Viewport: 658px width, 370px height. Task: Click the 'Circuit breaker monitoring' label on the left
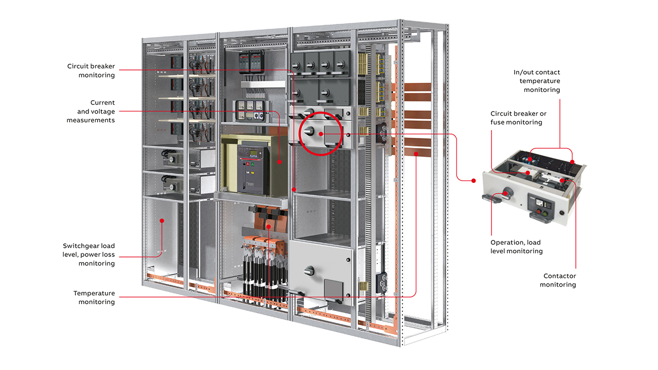pyautogui.click(x=91, y=70)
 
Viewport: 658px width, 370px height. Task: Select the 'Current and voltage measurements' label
pyautogui.click(x=90, y=112)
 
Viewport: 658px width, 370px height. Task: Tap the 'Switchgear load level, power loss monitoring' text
pyautogui.click(x=88, y=254)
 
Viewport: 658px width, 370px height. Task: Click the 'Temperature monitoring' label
pyautogui.click(x=94, y=298)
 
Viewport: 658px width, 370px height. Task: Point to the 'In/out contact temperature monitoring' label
pyautogui.click(x=537, y=81)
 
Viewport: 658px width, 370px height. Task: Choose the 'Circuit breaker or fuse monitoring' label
pyautogui.click(x=518, y=118)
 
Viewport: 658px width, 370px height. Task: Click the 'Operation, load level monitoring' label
pyautogui.click(x=517, y=247)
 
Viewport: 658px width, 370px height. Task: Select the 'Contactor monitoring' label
pyautogui.click(x=558, y=280)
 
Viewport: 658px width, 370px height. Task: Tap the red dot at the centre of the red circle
pyautogui.click(x=321, y=134)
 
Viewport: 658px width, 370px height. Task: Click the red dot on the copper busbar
pyautogui.click(x=416, y=154)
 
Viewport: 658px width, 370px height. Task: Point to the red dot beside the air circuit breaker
pyautogui.click(x=279, y=162)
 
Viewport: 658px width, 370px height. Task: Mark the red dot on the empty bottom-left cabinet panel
pyautogui.click(x=162, y=220)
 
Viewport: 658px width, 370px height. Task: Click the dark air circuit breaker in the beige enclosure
pyautogui.click(x=253, y=169)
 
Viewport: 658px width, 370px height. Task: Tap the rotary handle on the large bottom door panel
pyautogui.click(x=309, y=270)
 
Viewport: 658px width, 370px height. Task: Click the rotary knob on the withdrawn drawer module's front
pyautogui.click(x=507, y=193)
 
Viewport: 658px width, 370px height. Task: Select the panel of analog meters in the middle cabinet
pyautogui.click(x=250, y=111)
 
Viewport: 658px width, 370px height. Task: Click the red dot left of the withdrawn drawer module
pyautogui.click(x=473, y=180)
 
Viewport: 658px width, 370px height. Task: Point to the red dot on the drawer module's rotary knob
pyautogui.click(x=505, y=193)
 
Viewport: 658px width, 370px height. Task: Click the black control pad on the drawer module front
pyautogui.click(x=541, y=205)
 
